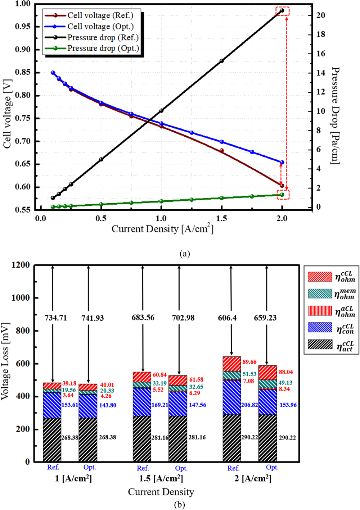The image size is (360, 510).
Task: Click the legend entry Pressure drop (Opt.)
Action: (103, 49)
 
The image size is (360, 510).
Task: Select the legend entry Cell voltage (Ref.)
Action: (100, 15)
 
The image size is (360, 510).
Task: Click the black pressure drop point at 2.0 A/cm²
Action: (282, 10)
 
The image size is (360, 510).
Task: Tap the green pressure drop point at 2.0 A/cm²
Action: (282, 195)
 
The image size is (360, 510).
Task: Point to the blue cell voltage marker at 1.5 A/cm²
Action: (222, 142)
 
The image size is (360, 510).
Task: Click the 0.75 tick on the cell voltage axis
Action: (23, 118)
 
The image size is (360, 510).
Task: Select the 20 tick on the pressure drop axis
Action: (321, 15)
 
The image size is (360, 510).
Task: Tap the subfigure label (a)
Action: (184, 254)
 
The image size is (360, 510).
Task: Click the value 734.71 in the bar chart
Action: (56, 318)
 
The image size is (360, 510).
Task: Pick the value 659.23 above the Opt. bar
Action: (265, 318)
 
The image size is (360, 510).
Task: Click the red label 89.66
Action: (249, 362)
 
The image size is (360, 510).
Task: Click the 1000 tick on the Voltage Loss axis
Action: (21, 298)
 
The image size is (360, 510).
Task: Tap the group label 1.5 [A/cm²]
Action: (161, 479)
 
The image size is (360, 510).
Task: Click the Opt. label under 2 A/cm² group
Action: (272, 468)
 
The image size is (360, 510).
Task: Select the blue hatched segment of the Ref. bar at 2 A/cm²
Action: (231, 397)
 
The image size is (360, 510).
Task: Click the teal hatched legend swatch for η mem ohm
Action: (320, 293)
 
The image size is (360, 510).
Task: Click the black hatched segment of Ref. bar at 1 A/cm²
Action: (52, 440)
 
